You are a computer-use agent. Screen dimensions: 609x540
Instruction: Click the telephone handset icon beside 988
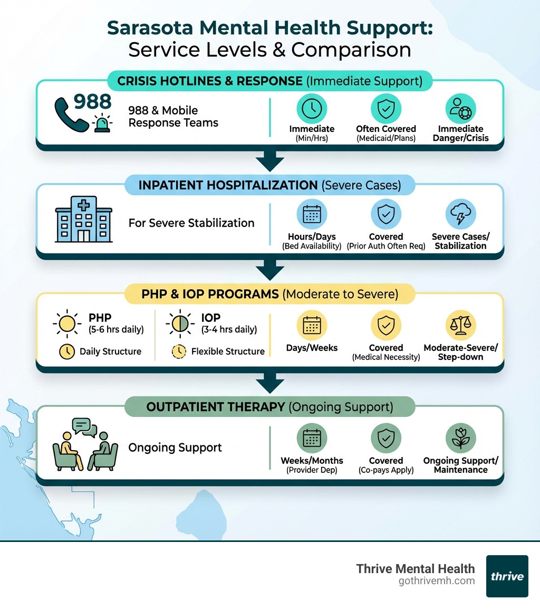pyautogui.click(x=71, y=115)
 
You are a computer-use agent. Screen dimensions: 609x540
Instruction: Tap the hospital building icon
pyautogui.click(x=83, y=221)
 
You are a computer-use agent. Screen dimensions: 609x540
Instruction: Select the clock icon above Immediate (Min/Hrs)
pyautogui.click(x=312, y=109)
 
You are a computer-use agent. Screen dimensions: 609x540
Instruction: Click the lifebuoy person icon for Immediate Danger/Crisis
pyautogui.click(x=460, y=109)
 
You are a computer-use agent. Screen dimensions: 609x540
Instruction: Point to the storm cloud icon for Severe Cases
pyautogui.click(x=460, y=214)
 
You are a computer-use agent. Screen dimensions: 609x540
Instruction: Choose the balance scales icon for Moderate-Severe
pyautogui.click(x=460, y=326)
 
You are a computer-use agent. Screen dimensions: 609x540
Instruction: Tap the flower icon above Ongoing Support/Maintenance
pyautogui.click(x=460, y=438)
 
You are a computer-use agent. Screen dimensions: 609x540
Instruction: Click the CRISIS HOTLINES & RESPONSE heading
pyautogui.click(x=269, y=81)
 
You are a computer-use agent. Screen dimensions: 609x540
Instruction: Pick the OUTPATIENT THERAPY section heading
pyautogui.click(x=269, y=407)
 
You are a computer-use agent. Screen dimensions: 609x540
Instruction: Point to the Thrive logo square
pyautogui.click(x=507, y=576)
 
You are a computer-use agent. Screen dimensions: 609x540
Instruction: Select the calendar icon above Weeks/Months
pyautogui.click(x=312, y=438)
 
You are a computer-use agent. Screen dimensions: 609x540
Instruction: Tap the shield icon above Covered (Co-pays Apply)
pyautogui.click(x=386, y=438)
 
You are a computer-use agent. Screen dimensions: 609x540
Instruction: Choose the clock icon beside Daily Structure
pyautogui.click(x=67, y=351)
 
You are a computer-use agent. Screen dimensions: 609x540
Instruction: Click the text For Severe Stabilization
pyautogui.click(x=191, y=223)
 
